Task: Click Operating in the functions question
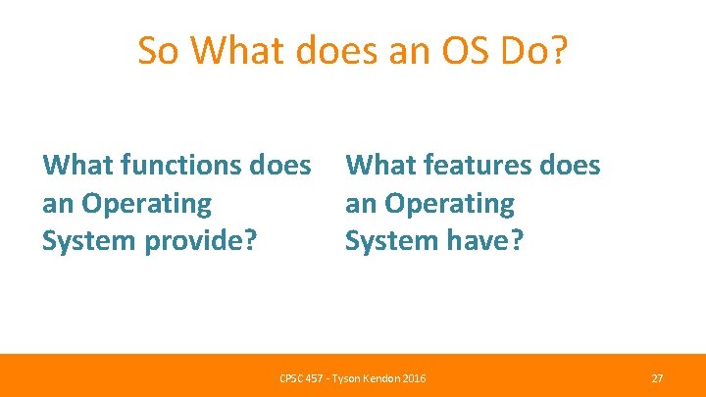[147, 204]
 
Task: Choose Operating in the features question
[449, 204]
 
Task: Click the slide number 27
[657, 377]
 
